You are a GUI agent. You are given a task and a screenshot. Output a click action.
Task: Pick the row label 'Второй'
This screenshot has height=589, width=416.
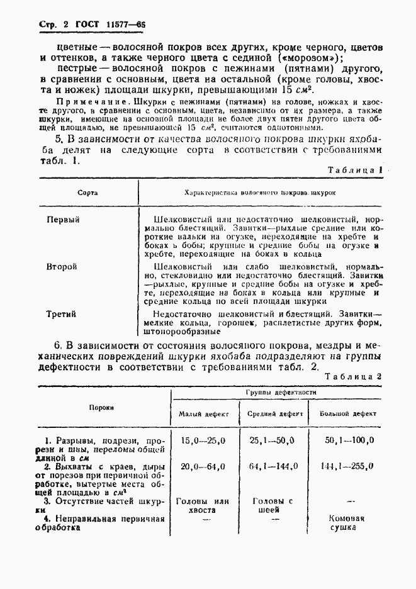(x=62, y=266)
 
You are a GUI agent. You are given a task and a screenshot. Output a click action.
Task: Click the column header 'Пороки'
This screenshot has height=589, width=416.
(x=101, y=407)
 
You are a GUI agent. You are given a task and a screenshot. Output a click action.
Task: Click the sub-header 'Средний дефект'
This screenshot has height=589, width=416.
(x=275, y=414)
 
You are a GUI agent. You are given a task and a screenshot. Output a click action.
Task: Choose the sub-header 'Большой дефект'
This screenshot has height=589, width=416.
(x=348, y=414)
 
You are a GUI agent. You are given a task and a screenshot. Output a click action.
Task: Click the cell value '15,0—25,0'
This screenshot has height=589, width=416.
(x=203, y=440)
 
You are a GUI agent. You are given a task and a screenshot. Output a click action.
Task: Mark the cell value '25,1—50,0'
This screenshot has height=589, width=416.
(x=273, y=440)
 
